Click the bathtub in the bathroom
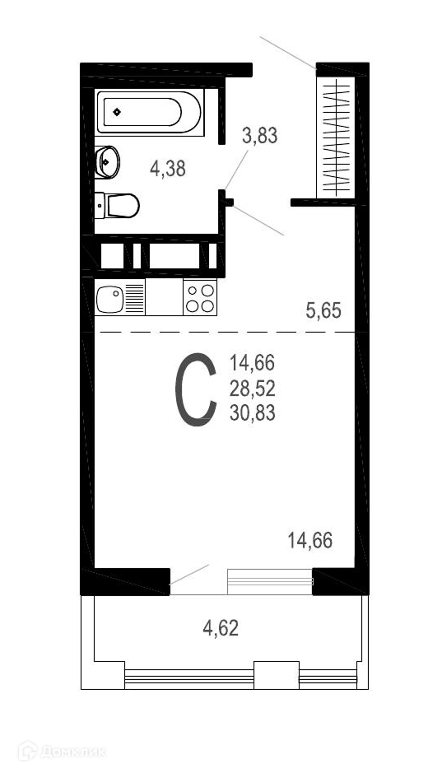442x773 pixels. point(150,113)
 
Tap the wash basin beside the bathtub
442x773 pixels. point(107,161)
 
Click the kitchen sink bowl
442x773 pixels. point(110,299)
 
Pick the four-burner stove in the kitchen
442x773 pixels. point(200,297)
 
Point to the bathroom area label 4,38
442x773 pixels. point(168,169)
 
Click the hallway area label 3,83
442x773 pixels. point(259,135)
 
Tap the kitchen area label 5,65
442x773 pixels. point(323,310)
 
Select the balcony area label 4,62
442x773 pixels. point(221,628)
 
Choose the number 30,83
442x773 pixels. point(253,413)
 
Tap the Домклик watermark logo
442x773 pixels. point(62,752)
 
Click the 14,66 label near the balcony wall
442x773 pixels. point(310,541)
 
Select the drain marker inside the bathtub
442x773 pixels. point(117,112)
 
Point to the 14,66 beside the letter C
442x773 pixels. point(253,364)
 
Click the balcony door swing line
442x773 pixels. point(189,575)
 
